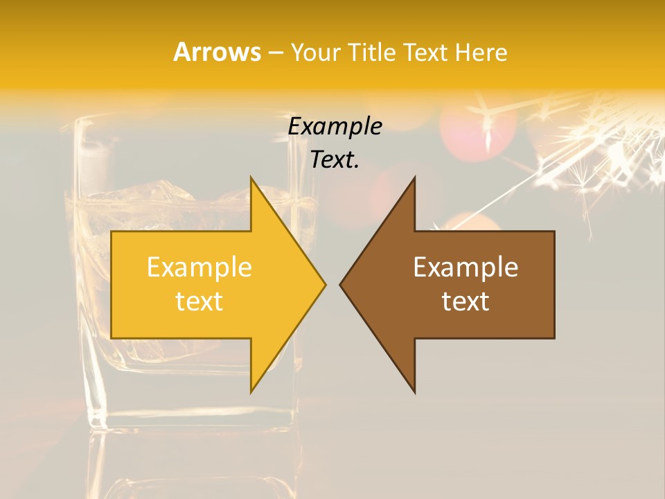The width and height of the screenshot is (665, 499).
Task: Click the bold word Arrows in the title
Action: (x=217, y=52)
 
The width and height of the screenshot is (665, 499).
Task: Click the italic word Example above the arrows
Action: (x=335, y=126)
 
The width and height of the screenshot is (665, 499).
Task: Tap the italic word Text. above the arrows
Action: (x=335, y=160)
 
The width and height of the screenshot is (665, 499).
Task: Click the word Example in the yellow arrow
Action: (x=199, y=268)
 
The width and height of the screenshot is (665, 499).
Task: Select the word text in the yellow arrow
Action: (x=199, y=301)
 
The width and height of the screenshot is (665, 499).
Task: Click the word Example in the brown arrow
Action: (x=465, y=268)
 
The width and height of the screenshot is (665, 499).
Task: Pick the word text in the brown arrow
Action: (x=465, y=301)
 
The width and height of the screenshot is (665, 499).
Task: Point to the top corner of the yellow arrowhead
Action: (x=251, y=178)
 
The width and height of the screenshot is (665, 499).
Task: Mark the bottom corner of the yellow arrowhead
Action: (x=251, y=392)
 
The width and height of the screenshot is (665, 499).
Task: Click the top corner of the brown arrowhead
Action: (x=414, y=178)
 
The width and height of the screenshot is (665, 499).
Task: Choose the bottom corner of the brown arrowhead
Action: (x=414, y=392)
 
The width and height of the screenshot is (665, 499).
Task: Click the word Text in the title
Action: (x=424, y=53)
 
